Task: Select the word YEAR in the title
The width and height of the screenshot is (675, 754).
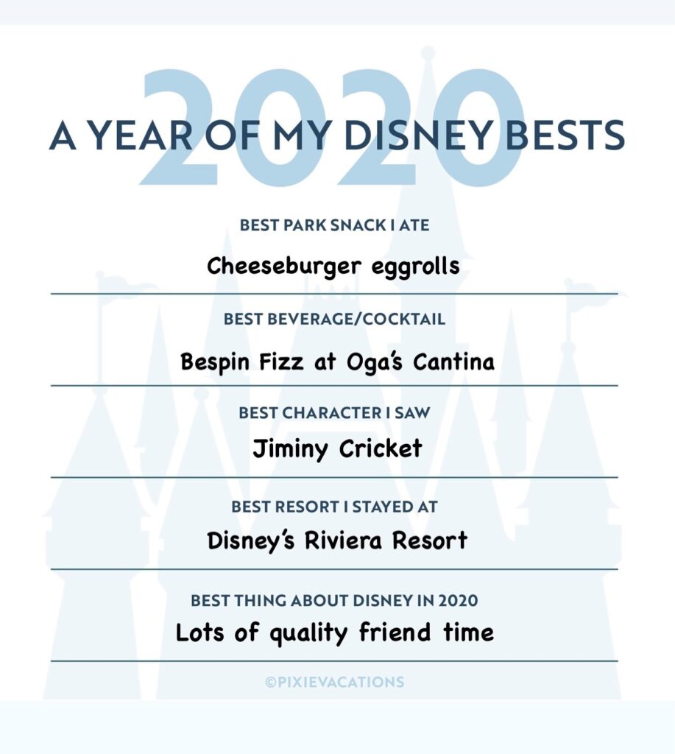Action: coord(142,135)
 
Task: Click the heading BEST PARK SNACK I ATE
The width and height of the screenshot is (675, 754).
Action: coord(334,225)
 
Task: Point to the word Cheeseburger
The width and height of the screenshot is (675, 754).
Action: coord(283,267)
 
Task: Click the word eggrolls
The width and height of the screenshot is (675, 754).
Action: coord(415,267)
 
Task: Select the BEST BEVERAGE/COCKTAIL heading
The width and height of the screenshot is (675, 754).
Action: coord(334,319)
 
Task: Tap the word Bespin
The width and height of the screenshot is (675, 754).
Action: coord(215,362)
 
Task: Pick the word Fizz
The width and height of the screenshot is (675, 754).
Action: coord(282,361)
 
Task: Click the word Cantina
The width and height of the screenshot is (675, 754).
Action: coord(453,361)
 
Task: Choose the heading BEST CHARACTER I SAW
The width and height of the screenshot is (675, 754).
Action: coord(334,412)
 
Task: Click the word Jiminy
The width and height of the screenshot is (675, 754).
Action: coord(290,449)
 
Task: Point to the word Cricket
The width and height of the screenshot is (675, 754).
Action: coord(381,448)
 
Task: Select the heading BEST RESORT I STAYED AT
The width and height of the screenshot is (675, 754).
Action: coord(334,507)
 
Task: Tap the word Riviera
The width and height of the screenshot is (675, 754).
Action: coord(343,540)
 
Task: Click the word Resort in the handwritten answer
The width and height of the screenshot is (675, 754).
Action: coord(430,540)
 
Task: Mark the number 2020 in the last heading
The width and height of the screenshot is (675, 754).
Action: coord(458,600)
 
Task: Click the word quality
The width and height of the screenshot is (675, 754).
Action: coord(308,633)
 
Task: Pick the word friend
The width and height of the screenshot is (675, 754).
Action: coord(395,632)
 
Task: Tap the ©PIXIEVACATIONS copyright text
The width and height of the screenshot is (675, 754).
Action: coord(335,682)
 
